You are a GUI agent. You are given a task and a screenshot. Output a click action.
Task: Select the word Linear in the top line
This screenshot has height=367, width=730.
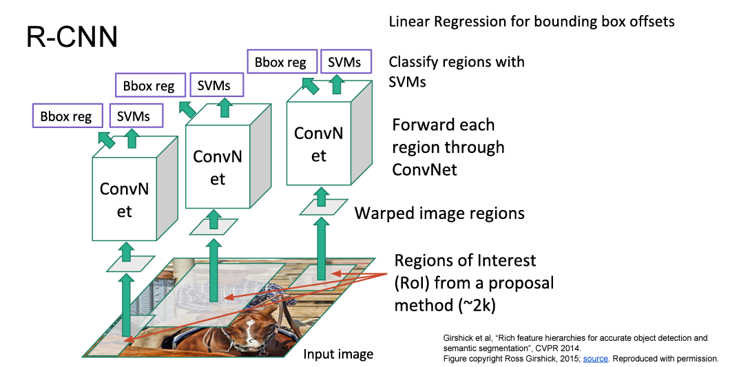coord(408,21)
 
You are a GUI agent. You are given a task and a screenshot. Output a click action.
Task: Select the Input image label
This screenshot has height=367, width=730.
coord(338,355)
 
